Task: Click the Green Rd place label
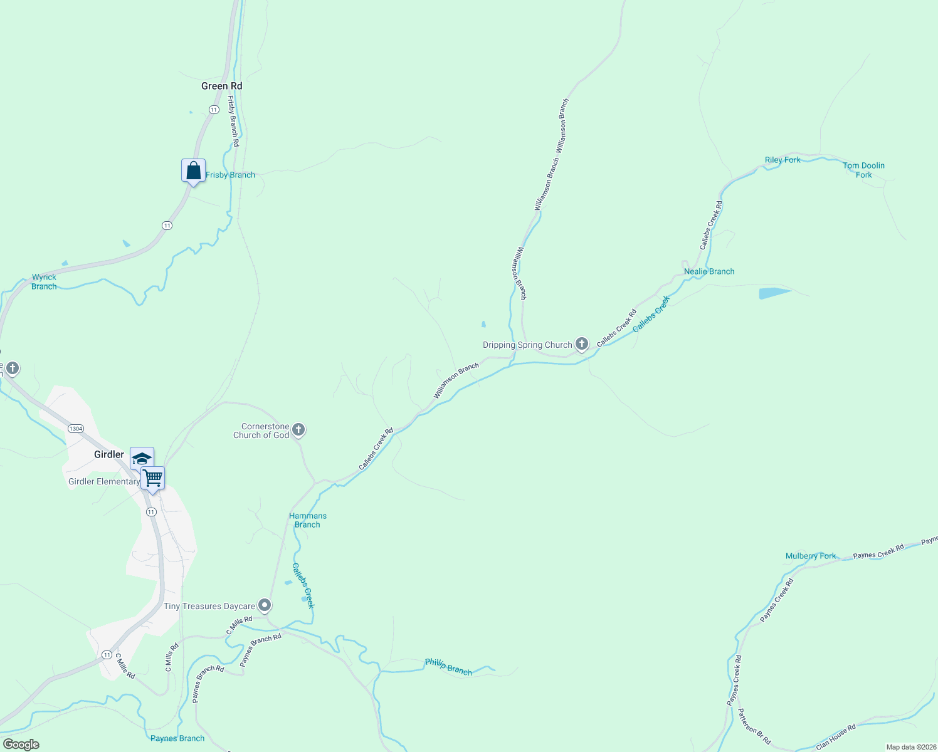[x=221, y=86]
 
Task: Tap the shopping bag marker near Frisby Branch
[x=193, y=170]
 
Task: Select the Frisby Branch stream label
[x=230, y=175]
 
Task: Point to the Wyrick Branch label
[x=44, y=281]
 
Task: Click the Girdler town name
[x=109, y=454]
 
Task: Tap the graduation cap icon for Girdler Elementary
[x=142, y=458]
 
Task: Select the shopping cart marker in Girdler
[x=153, y=478]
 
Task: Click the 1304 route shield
[x=76, y=429]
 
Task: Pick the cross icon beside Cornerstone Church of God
[x=298, y=430]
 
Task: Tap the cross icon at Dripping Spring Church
[x=582, y=343]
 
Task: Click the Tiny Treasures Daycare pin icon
[x=265, y=605]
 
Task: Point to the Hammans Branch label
[x=308, y=520]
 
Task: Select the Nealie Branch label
[x=709, y=271]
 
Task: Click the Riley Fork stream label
[x=783, y=160]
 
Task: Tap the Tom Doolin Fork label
[x=863, y=170]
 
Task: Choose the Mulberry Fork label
[x=811, y=556]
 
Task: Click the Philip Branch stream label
[x=448, y=667]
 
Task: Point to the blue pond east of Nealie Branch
[x=774, y=293]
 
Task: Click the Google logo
[x=21, y=744]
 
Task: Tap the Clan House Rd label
[x=836, y=737]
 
